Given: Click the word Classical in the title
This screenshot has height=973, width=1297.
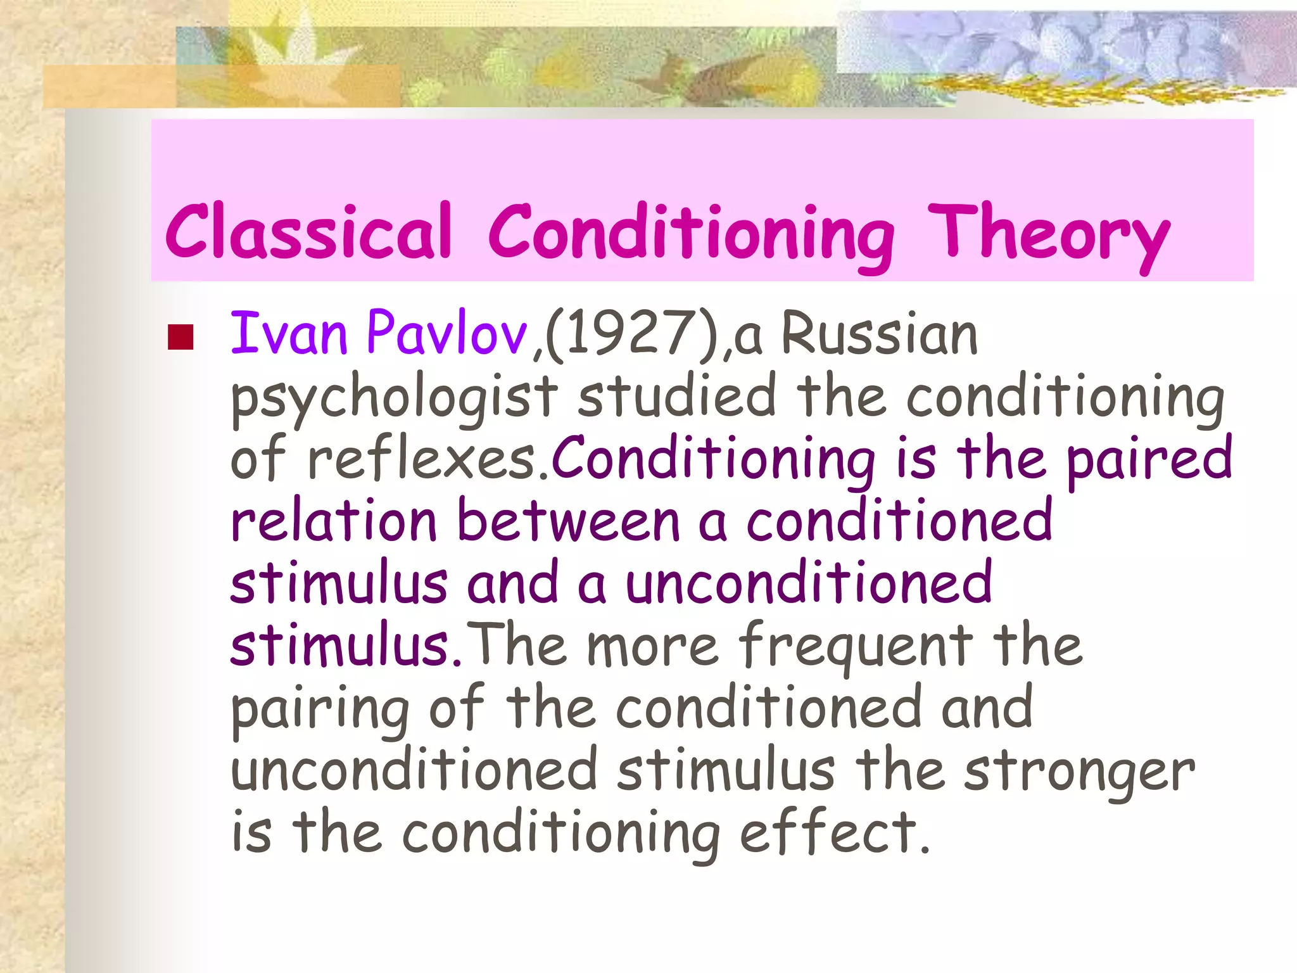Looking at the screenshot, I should (x=308, y=231).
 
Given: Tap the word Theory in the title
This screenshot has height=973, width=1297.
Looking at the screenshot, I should (x=1048, y=234).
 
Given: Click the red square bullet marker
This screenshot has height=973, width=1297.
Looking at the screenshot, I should (x=180, y=337).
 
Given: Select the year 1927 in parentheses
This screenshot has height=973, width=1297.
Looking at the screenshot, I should (x=623, y=334).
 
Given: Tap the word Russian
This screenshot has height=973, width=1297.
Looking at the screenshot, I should (x=880, y=334).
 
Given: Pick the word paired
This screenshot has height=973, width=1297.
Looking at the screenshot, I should (x=1149, y=459).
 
